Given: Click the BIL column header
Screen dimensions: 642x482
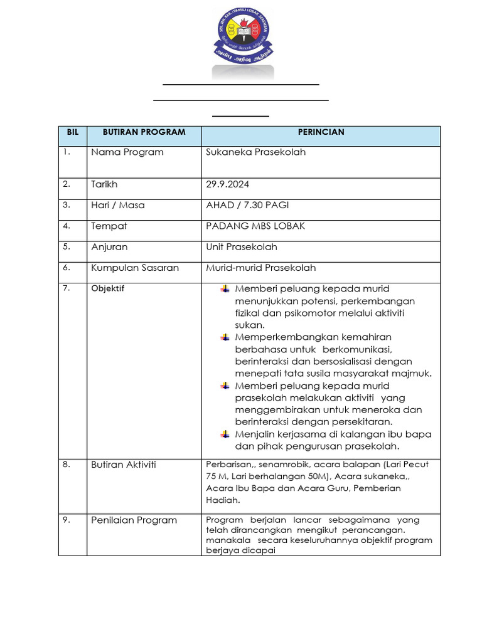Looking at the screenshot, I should [72, 132].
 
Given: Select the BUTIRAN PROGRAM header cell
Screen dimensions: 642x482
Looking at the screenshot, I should [144, 132].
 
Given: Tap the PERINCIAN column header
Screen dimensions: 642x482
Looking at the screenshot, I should [321, 132].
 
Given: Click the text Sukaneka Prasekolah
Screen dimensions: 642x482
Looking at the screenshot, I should [255, 152].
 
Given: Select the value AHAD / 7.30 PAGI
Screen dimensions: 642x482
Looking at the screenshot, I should [247, 205].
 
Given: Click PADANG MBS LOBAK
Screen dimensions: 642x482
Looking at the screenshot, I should [255, 226].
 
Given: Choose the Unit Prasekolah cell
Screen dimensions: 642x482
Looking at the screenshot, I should [241, 247].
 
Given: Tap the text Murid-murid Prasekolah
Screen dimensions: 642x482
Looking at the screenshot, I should [260, 268].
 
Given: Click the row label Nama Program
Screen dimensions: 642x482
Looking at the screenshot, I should [127, 152].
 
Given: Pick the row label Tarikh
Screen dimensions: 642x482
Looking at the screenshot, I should [104, 184].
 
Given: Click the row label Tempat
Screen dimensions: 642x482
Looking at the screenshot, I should [109, 226].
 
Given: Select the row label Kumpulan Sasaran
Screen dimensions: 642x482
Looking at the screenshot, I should [135, 268].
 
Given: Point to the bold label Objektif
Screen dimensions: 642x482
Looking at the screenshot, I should [108, 289].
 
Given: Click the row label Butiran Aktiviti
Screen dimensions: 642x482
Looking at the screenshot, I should [123, 465].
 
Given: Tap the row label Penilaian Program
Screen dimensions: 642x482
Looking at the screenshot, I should [134, 520].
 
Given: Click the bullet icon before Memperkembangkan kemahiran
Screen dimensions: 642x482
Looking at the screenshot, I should [225, 337].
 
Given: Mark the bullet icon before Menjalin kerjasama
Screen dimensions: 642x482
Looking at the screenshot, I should [225, 434].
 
